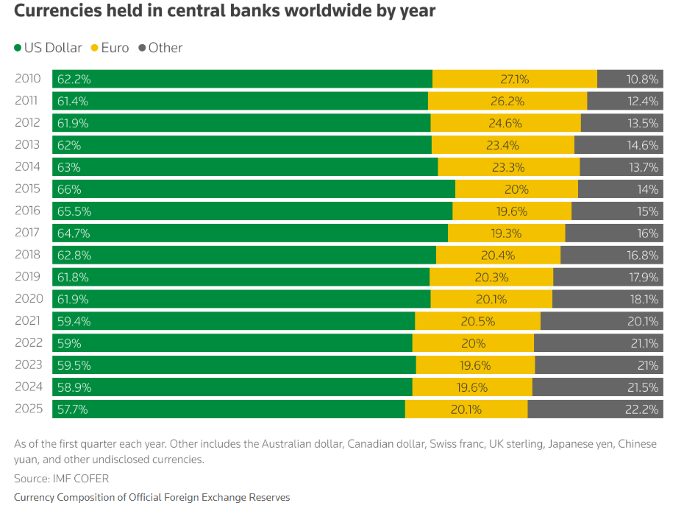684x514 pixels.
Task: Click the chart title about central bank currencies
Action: click(224, 12)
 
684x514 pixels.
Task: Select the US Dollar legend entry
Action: click(48, 48)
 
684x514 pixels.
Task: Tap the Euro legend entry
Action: click(110, 48)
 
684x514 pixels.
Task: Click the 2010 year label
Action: click(29, 79)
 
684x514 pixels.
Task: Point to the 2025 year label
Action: click(29, 409)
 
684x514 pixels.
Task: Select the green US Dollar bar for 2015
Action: click(254, 189)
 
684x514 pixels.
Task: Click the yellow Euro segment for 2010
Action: click(515, 79)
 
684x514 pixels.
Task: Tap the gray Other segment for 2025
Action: click(595, 409)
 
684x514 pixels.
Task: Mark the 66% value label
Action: click(68, 189)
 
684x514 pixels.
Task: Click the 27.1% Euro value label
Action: click(515, 79)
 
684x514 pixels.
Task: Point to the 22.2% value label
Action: click(642, 409)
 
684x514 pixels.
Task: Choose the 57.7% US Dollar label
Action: click(73, 409)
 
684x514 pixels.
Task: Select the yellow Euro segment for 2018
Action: click(498, 255)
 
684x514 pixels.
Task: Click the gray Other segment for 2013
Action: click(619, 145)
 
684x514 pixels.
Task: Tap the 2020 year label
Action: click(29, 299)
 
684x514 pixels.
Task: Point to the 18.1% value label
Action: click(642, 299)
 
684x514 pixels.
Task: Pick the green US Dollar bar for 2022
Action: click(232, 342)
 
